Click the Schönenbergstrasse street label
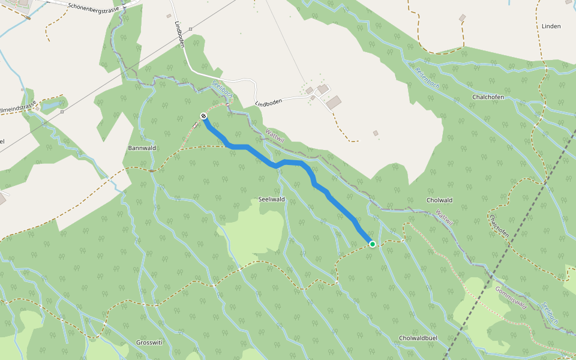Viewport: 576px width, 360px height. tap(95, 7)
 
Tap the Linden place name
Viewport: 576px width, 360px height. tap(551, 26)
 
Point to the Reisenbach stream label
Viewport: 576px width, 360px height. tap(427, 78)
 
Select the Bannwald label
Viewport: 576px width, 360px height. tap(142, 148)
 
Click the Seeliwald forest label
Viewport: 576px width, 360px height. tap(271, 199)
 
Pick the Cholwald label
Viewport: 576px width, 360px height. tap(439, 200)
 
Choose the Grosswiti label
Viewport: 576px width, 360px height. tap(150, 343)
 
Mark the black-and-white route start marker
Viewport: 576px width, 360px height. tap(204, 116)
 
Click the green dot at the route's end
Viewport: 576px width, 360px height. tap(373, 244)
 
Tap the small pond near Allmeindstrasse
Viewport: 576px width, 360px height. tap(50, 106)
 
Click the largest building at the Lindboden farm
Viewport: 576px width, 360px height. tap(333, 102)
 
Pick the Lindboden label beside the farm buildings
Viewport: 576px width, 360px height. tap(268, 103)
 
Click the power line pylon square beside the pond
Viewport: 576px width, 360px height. tap(62, 112)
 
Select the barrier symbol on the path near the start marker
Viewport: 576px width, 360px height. tap(196, 125)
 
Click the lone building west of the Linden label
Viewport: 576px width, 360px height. tap(462, 19)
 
